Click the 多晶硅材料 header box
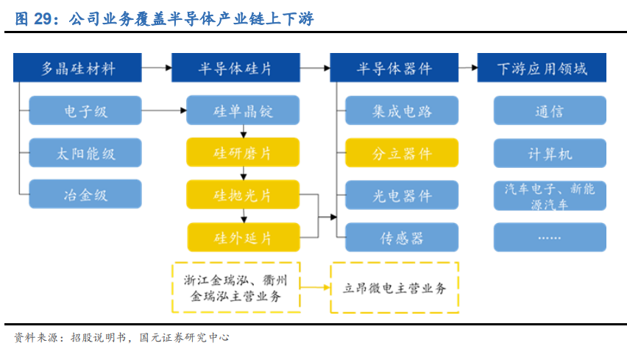tap(77, 68)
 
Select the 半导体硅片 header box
tap(235, 68)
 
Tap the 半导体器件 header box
tap(394, 68)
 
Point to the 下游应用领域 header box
tap(542, 68)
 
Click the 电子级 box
tap(85, 110)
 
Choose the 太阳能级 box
tap(85, 153)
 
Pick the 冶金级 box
tap(85, 194)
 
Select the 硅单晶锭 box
tap(243, 110)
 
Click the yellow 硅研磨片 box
tap(243, 152)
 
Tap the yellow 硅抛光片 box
tap(243, 194)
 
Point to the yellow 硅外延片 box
tap(244, 237)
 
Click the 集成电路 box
tap(402, 110)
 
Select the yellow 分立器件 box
tap(402, 153)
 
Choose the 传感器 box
tap(402, 237)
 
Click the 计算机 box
tap(550, 153)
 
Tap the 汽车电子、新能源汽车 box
tap(550, 196)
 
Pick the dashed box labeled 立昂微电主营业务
tap(394, 288)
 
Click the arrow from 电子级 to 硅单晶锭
tap(164, 110)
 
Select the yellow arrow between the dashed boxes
tap(315, 287)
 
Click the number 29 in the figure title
tap(43, 19)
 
